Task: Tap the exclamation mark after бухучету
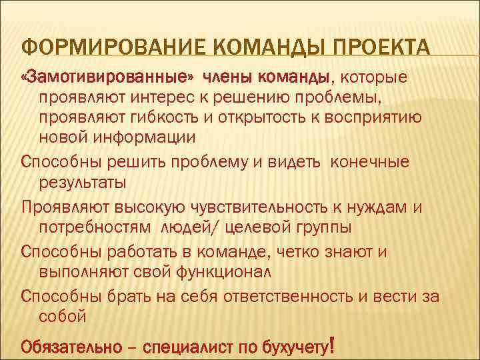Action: [331, 345]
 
